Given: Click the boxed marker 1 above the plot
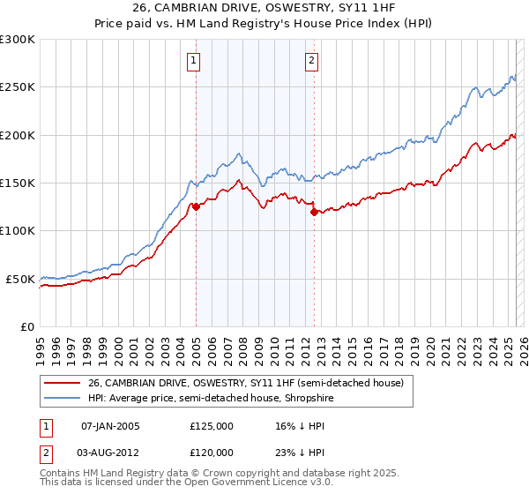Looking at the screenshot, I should click(193, 61).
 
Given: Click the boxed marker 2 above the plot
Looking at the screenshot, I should click(312, 61).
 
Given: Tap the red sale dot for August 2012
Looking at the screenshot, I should click(314, 212).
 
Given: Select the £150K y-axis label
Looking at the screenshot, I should click(18, 183).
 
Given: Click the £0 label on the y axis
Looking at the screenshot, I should click(27, 326).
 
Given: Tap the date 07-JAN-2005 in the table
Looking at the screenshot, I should click(110, 426).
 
